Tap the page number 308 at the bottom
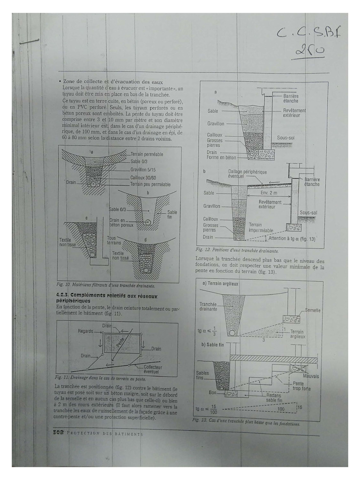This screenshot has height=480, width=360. point(57,434)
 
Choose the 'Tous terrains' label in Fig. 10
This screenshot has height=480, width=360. point(114,240)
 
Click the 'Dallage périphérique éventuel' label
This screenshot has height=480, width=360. point(247,174)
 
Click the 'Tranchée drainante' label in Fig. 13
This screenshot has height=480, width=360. point(209,307)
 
